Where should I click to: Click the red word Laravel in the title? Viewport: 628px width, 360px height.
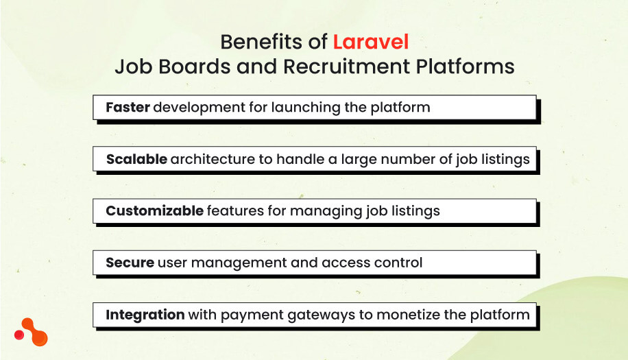(x=371, y=43)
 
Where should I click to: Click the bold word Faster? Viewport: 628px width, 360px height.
(x=128, y=108)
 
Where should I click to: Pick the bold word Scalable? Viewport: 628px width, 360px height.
(x=136, y=159)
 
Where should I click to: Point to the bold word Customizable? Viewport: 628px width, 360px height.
(x=154, y=211)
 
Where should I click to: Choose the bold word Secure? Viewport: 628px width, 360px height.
(x=130, y=263)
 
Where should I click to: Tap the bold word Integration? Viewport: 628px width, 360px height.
(x=145, y=315)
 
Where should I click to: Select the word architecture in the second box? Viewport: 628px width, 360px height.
(x=213, y=159)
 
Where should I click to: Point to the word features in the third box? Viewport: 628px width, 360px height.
(x=235, y=211)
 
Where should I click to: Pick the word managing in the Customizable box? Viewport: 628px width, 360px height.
(x=322, y=211)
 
